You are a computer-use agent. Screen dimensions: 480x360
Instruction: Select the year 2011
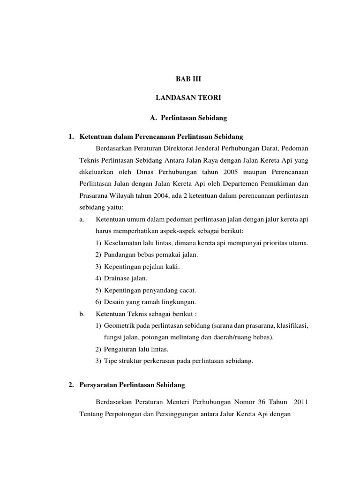click(x=299, y=402)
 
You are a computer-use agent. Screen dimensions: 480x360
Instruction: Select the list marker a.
click(x=82, y=219)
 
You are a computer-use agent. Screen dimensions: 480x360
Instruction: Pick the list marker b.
click(x=82, y=314)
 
